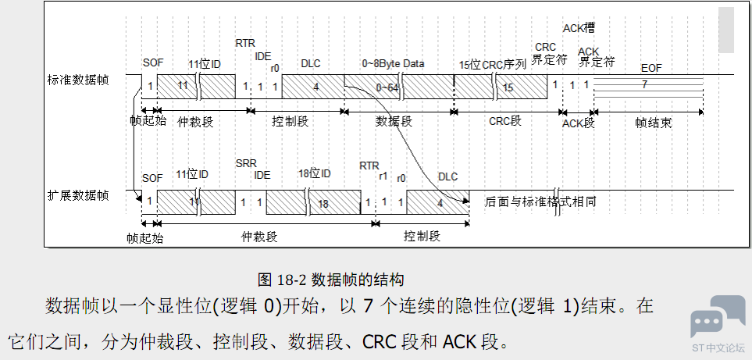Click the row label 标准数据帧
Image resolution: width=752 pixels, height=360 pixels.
click(78, 80)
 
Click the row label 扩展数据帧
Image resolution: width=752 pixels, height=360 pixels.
click(78, 194)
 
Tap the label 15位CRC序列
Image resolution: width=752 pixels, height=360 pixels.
click(492, 64)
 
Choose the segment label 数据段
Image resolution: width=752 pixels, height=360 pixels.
click(394, 122)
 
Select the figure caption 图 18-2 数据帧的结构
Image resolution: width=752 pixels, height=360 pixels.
click(330, 279)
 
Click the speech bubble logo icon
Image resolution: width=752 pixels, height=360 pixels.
click(717, 316)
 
